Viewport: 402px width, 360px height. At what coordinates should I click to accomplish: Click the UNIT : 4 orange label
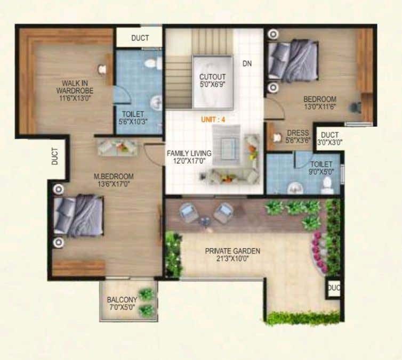pos(213,120)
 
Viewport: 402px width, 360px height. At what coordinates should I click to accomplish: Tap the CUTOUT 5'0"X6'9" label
pos(213,80)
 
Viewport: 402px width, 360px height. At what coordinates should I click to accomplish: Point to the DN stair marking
pos(247,63)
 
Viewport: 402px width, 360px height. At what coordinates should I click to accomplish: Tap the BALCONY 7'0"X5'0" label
pos(122,304)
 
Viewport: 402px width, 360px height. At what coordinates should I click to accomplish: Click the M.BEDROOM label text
pos(114,176)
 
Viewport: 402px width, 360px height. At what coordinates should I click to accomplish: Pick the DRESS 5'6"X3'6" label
pos(298,136)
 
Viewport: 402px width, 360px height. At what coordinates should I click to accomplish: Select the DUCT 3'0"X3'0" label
pos(329,138)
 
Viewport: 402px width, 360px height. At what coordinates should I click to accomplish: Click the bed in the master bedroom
pos(79,215)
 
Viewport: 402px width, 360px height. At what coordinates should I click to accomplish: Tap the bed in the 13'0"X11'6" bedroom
pos(293,60)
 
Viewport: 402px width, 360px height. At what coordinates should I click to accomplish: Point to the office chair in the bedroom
pos(356,107)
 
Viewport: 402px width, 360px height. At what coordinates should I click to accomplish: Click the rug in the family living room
pos(227,145)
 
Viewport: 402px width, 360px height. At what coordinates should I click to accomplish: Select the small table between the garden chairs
pos(205,221)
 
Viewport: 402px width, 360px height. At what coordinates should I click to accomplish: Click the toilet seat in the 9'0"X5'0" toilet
pos(327,185)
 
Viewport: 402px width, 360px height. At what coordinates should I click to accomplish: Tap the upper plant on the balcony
pos(147,294)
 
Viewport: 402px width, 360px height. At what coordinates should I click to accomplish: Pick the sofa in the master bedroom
pos(118,148)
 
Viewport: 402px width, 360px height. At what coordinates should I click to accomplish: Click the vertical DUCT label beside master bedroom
pos(55,157)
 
